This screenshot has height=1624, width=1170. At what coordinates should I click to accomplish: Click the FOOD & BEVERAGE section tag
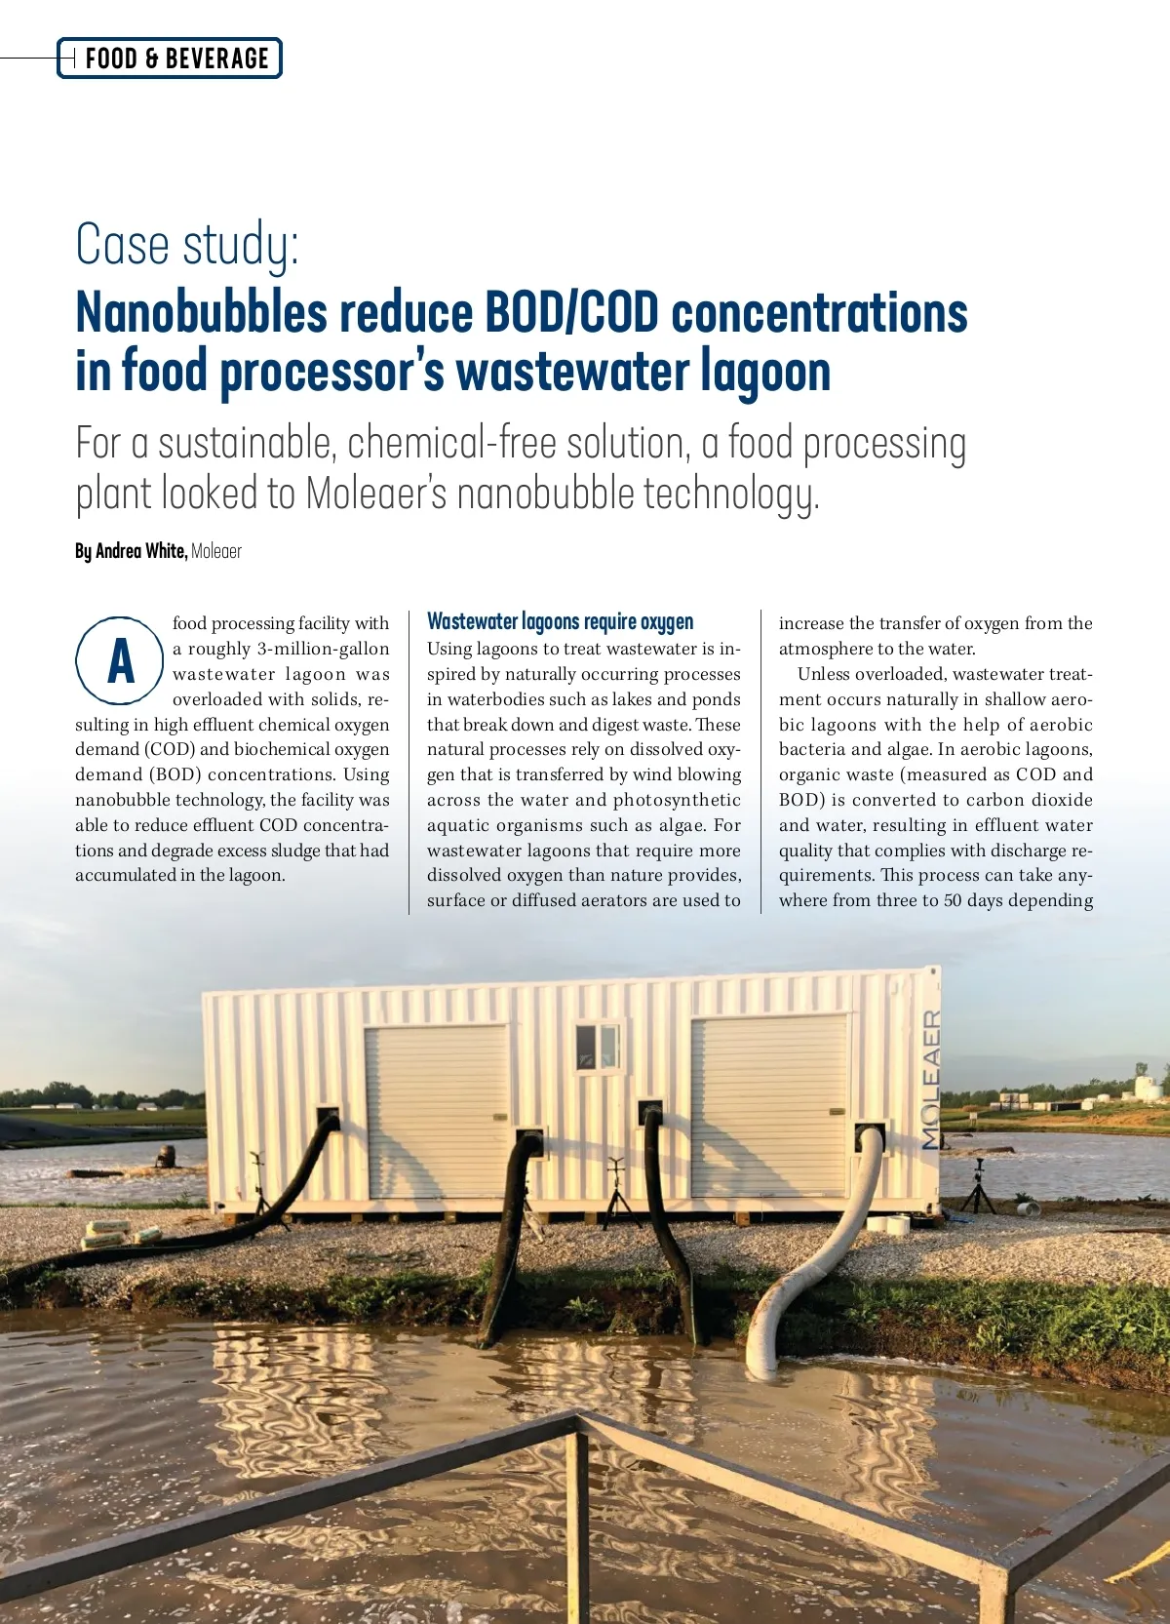coord(175,59)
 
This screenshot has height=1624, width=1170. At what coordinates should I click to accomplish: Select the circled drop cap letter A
coord(120,661)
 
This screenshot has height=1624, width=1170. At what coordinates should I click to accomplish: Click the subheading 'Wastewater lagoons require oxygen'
coord(561,621)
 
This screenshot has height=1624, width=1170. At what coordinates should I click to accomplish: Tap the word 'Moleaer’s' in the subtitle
coord(376,494)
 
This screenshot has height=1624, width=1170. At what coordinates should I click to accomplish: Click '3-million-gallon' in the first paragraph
coord(323,649)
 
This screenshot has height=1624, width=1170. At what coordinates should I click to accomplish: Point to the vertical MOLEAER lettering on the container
coord(932,1078)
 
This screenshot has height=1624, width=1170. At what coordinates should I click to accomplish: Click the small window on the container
coord(598,1046)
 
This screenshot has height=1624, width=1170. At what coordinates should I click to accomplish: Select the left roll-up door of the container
coord(437,1110)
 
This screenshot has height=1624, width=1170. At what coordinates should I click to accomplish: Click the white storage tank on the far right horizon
coord(1149,1086)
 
